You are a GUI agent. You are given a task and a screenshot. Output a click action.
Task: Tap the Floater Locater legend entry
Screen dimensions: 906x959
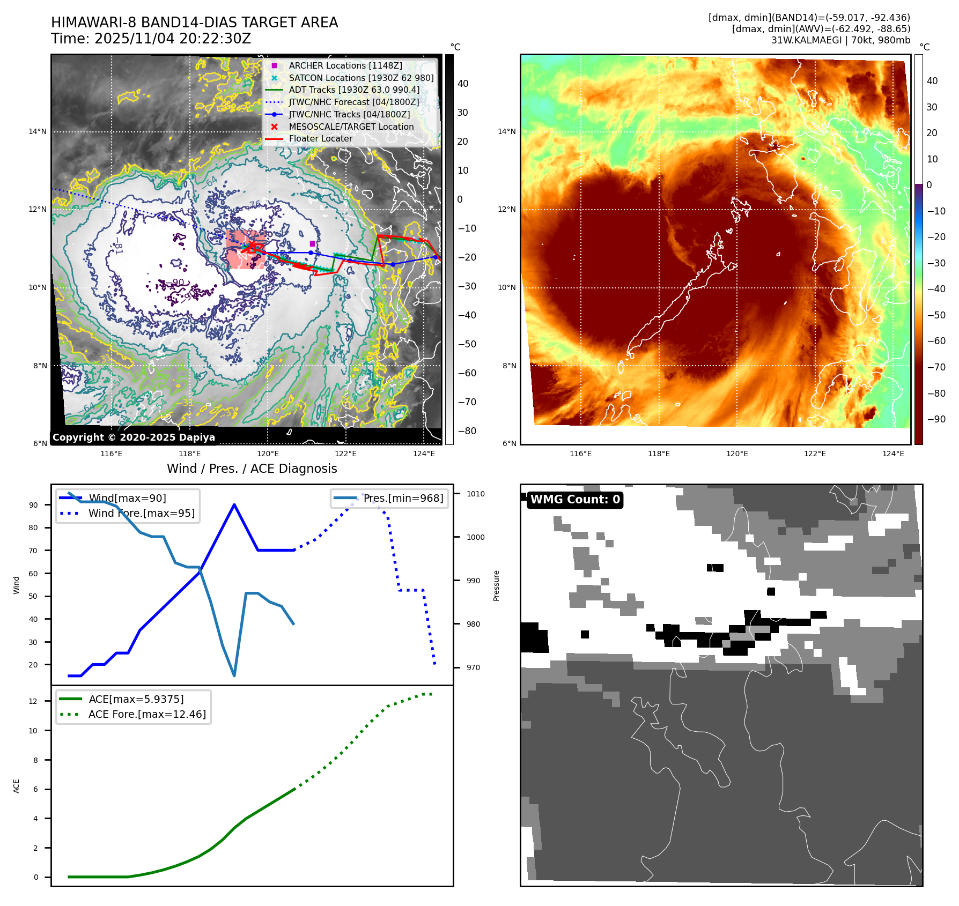(320, 138)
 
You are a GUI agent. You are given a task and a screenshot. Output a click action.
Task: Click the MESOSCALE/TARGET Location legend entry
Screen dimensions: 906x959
(351, 127)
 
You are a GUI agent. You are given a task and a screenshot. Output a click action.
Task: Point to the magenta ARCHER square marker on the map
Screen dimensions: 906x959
(312, 244)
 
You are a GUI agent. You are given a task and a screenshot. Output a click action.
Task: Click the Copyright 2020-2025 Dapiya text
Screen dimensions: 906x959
(134, 437)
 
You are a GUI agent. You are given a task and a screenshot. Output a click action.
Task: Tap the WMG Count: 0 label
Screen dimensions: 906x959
(575, 500)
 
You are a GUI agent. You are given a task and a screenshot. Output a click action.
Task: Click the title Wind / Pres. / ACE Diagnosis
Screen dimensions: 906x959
(252, 469)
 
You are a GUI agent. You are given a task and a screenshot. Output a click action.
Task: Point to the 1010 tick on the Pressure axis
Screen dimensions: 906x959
(475, 494)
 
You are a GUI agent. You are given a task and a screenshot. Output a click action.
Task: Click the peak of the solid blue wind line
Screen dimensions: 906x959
(234, 504)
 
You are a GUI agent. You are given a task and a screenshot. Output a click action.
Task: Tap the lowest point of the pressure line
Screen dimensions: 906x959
(234, 675)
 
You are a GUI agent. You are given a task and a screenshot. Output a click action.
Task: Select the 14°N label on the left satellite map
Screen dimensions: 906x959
(38, 131)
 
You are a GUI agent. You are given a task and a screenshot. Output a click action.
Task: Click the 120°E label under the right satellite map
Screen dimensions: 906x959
(737, 454)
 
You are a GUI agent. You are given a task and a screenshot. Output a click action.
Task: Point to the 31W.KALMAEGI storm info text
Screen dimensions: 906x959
(840, 40)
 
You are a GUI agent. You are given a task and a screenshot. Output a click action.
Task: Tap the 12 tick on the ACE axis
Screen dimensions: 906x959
(33, 701)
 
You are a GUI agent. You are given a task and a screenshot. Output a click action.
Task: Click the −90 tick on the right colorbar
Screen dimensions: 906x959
(936, 419)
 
